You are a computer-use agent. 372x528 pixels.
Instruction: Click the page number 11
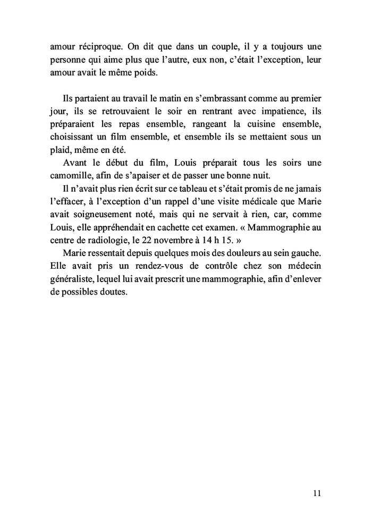coord(317,493)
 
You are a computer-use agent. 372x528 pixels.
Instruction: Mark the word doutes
coord(114,291)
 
